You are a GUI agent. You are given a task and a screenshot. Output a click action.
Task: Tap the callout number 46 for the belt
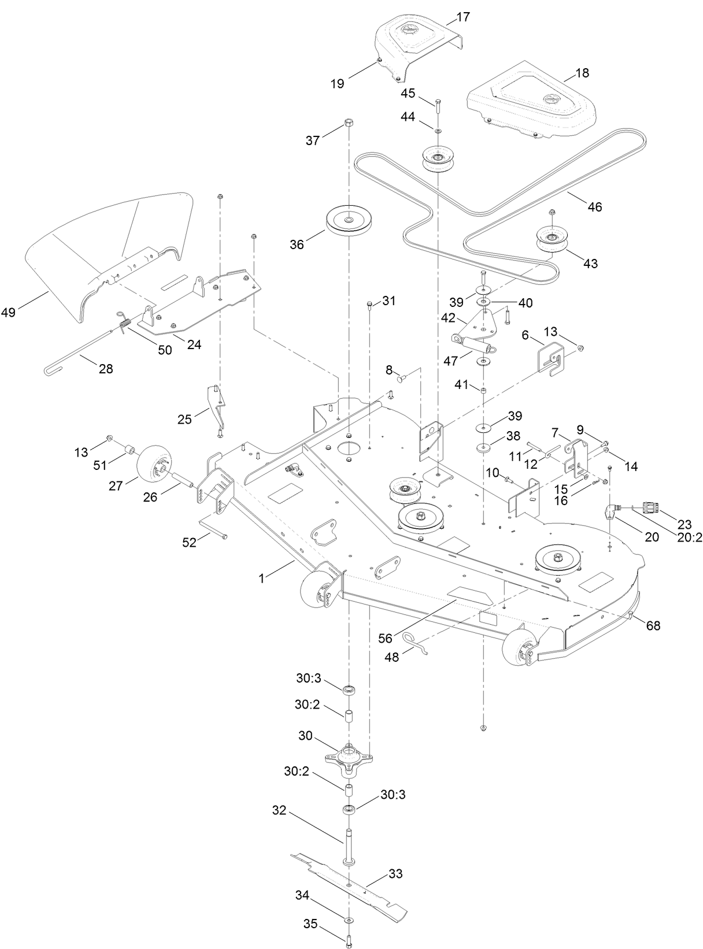[x=594, y=207]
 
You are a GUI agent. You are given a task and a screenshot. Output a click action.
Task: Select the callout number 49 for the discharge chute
[x=9, y=313]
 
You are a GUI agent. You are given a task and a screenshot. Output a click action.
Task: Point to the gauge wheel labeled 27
[x=154, y=463]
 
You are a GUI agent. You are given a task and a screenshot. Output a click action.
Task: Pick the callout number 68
[x=653, y=625]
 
